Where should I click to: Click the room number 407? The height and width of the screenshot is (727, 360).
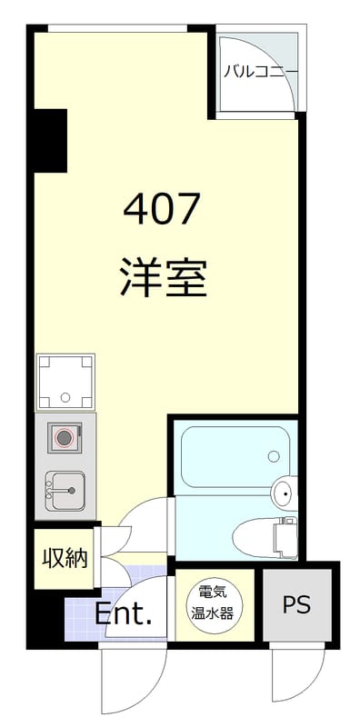click(161, 211)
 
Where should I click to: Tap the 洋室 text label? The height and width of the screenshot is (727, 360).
click(163, 277)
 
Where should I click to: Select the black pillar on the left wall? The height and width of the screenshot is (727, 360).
click(50, 140)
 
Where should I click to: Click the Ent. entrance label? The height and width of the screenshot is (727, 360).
click(123, 614)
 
